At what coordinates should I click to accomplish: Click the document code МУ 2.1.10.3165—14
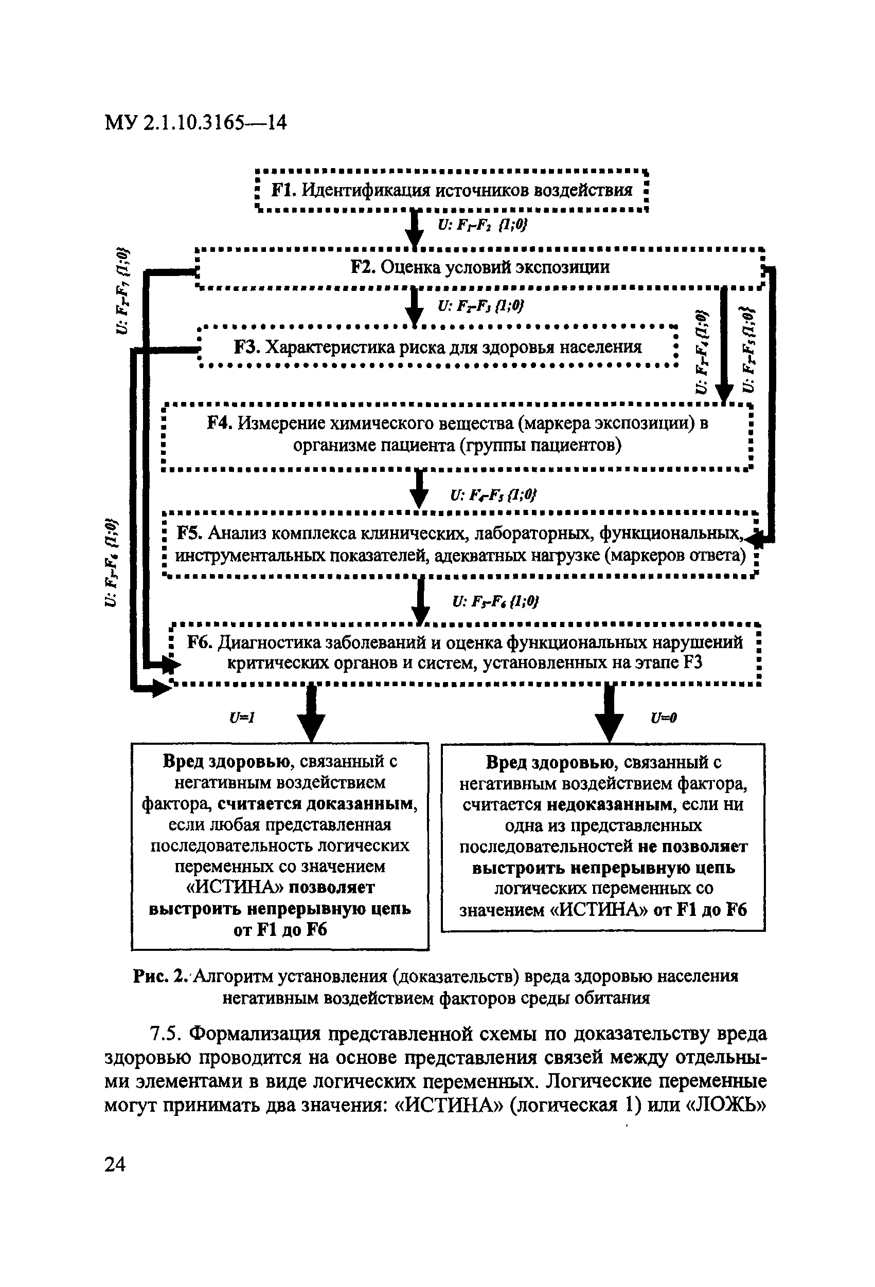point(195,122)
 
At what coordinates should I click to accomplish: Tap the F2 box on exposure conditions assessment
point(480,267)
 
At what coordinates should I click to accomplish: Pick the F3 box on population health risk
point(437,347)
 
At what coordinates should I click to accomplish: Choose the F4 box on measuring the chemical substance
point(457,434)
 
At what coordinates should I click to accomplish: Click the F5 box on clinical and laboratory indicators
point(460,544)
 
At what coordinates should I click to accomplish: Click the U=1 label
point(242,718)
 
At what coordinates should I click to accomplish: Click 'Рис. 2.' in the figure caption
point(161,976)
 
